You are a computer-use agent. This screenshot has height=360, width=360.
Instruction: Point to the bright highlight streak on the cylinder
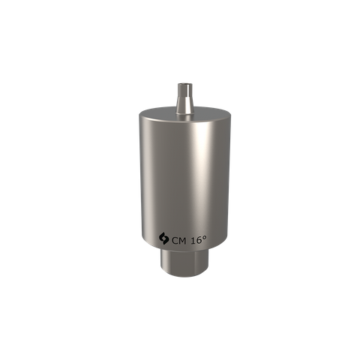(x=196, y=180)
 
